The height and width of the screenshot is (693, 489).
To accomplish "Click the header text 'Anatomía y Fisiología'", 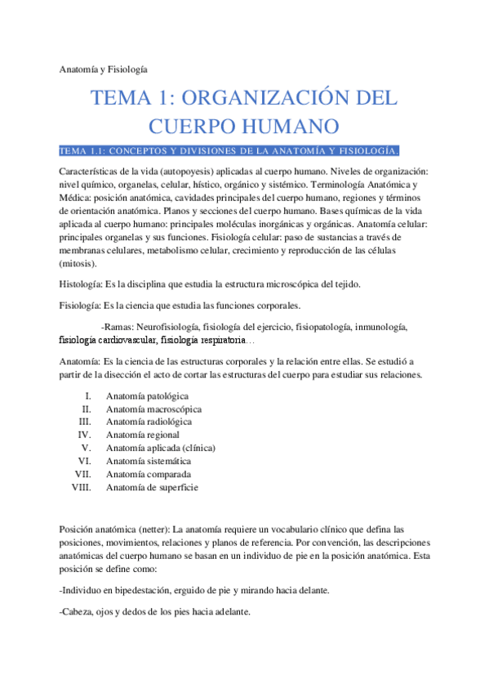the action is click(x=104, y=70).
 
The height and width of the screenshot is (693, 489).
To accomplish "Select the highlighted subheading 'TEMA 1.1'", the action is click(x=229, y=151).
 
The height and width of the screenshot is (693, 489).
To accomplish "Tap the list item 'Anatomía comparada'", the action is click(x=149, y=474).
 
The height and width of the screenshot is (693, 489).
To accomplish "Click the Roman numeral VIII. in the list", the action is click(x=81, y=487).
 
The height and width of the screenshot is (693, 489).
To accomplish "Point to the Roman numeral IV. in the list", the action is click(x=84, y=435).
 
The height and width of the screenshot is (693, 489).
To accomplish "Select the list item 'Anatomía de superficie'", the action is click(x=152, y=487).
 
